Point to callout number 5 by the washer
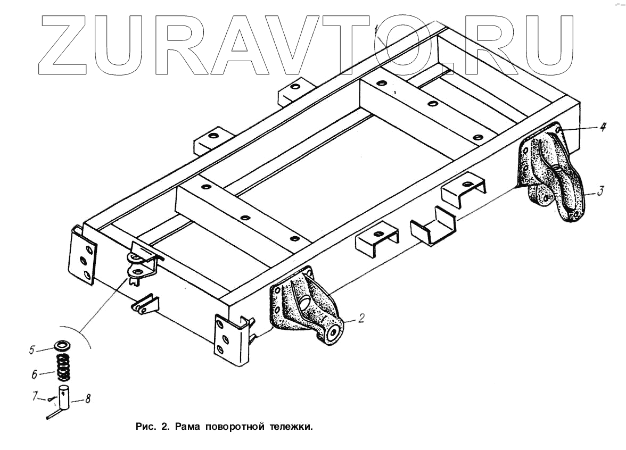32,350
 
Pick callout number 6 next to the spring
35,374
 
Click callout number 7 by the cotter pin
35,396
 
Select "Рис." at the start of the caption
145,427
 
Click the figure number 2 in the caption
166,427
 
